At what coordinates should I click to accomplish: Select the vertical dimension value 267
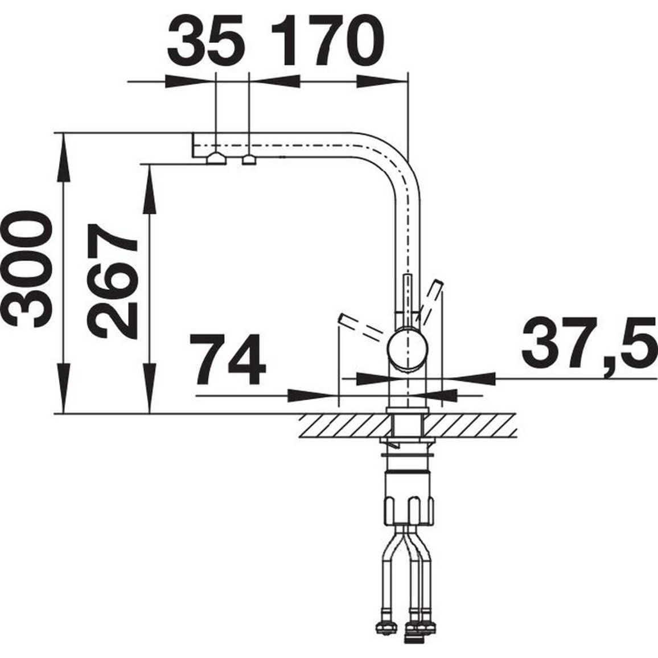pyautogui.click(x=112, y=282)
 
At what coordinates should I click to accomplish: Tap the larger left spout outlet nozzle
pyautogui.click(x=216, y=159)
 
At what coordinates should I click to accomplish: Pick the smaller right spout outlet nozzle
pyautogui.click(x=249, y=160)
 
